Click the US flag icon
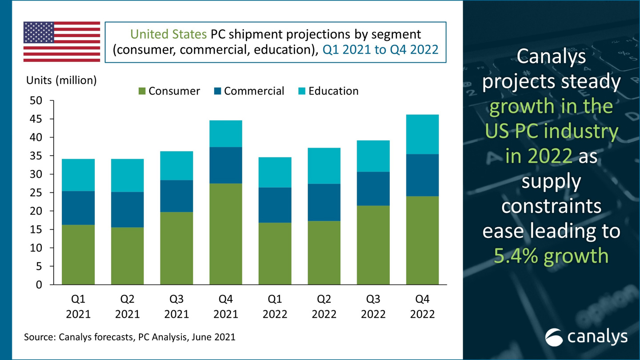[62, 41]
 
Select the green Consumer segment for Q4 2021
[226, 234]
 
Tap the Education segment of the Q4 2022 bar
[422, 134]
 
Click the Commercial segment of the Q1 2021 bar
[78, 208]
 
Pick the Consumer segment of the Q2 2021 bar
[128, 256]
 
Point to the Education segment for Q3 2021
[176, 165]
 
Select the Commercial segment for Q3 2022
[373, 189]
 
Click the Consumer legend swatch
[142, 91]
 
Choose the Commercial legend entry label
[254, 91]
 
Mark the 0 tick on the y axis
[40, 285]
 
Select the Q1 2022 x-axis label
[275, 307]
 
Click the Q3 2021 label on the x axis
[176, 307]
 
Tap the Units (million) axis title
[61, 80]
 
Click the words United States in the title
[168, 34]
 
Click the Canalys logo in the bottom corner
[586, 337]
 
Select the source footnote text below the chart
[129, 337]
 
